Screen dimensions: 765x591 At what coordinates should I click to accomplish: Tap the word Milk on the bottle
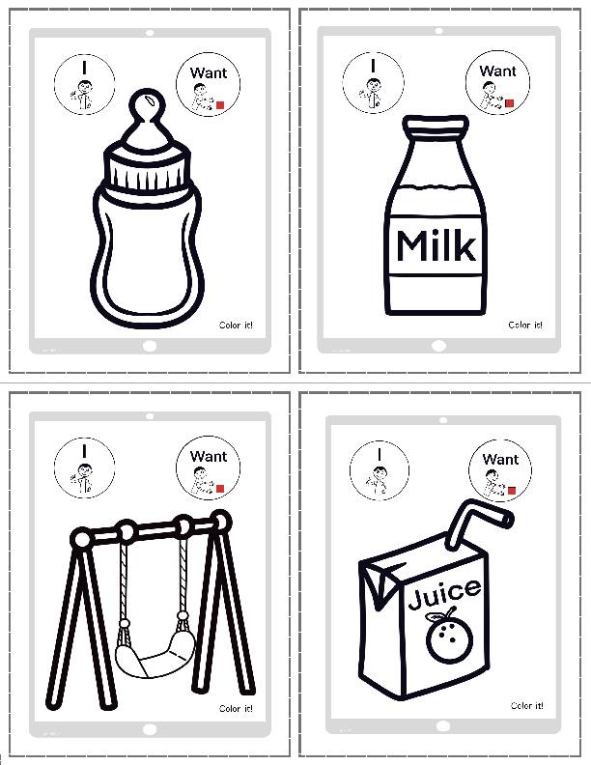tap(436, 246)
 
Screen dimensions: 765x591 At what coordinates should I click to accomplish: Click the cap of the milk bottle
tap(436, 127)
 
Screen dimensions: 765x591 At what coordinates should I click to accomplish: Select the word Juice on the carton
tap(443, 590)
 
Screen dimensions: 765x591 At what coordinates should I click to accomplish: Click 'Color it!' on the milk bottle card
tap(524, 325)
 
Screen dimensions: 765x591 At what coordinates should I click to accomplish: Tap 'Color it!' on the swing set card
tap(236, 708)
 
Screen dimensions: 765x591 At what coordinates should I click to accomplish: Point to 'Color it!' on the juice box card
tap(526, 706)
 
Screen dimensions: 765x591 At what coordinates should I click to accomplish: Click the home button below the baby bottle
tap(149, 345)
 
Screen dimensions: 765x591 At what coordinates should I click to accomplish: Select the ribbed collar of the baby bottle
tap(147, 172)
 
